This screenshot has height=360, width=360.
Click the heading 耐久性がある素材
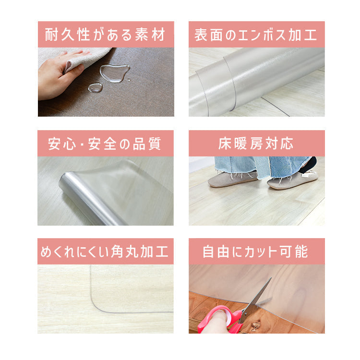click(x=105, y=35)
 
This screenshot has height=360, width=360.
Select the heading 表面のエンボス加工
click(x=256, y=35)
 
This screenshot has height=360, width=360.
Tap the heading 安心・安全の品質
click(x=105, y=144)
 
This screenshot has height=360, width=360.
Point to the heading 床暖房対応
click(x=256, y=144)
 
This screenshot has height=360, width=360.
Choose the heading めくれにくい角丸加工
click(x=105, y=252)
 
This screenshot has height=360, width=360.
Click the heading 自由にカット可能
click(x=255, y=252)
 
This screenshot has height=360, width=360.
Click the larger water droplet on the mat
click(x=115, y=73)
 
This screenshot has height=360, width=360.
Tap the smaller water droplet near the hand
click(x=96, y=87)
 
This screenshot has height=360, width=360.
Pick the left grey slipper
click(x=232, y=179)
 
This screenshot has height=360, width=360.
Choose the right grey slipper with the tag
click(x=293, y=180)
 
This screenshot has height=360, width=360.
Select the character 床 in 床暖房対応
click(x=225, y=144)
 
